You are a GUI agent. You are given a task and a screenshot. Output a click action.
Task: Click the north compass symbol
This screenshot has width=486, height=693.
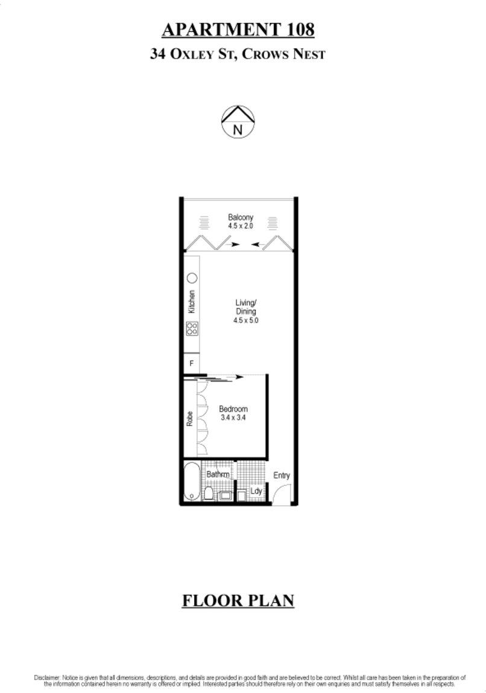[x=238, y=122]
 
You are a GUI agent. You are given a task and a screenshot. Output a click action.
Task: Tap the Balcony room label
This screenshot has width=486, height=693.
[x=241, y=217]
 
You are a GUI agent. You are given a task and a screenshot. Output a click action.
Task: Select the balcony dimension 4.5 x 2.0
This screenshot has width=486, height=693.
[x=241, y=226]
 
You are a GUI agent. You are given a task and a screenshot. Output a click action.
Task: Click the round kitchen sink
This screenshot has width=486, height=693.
[x=192, y=278]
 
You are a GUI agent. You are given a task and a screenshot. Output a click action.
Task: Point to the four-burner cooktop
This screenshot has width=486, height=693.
[x=192, y=328]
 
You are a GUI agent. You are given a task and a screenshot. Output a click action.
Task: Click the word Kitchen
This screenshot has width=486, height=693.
[x=192, y=301]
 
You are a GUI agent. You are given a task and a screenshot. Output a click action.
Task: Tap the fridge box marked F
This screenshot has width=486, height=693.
[x=192, y=363]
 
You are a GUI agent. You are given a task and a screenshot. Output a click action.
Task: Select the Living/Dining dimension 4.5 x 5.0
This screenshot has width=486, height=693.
[x=246, y=321]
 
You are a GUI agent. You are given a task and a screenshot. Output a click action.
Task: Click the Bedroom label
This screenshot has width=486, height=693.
[x=233, y=409]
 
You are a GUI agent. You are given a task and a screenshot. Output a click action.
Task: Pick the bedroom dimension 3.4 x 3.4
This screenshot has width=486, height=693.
[x=233, y=418]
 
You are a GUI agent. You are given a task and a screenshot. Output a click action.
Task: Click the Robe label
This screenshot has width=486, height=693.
[x=190, y=419]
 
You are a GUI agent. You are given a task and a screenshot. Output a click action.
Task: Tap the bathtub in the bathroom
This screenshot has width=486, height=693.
[x=192, y=481]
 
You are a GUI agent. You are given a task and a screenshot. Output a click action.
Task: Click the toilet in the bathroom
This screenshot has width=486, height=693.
[x=209, y=493]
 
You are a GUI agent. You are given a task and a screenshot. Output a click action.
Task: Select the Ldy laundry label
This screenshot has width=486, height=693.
[x=256, y=491]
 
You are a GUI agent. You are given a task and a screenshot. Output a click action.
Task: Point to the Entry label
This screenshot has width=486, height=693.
[x=281, y=475]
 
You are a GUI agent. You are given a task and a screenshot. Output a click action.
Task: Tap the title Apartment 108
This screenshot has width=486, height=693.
[x=238, y=29]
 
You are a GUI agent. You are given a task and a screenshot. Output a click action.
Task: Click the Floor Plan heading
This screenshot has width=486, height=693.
[x=238, y=601]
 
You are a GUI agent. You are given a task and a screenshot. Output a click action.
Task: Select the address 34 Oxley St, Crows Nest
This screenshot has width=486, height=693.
[x=238, y=54]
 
